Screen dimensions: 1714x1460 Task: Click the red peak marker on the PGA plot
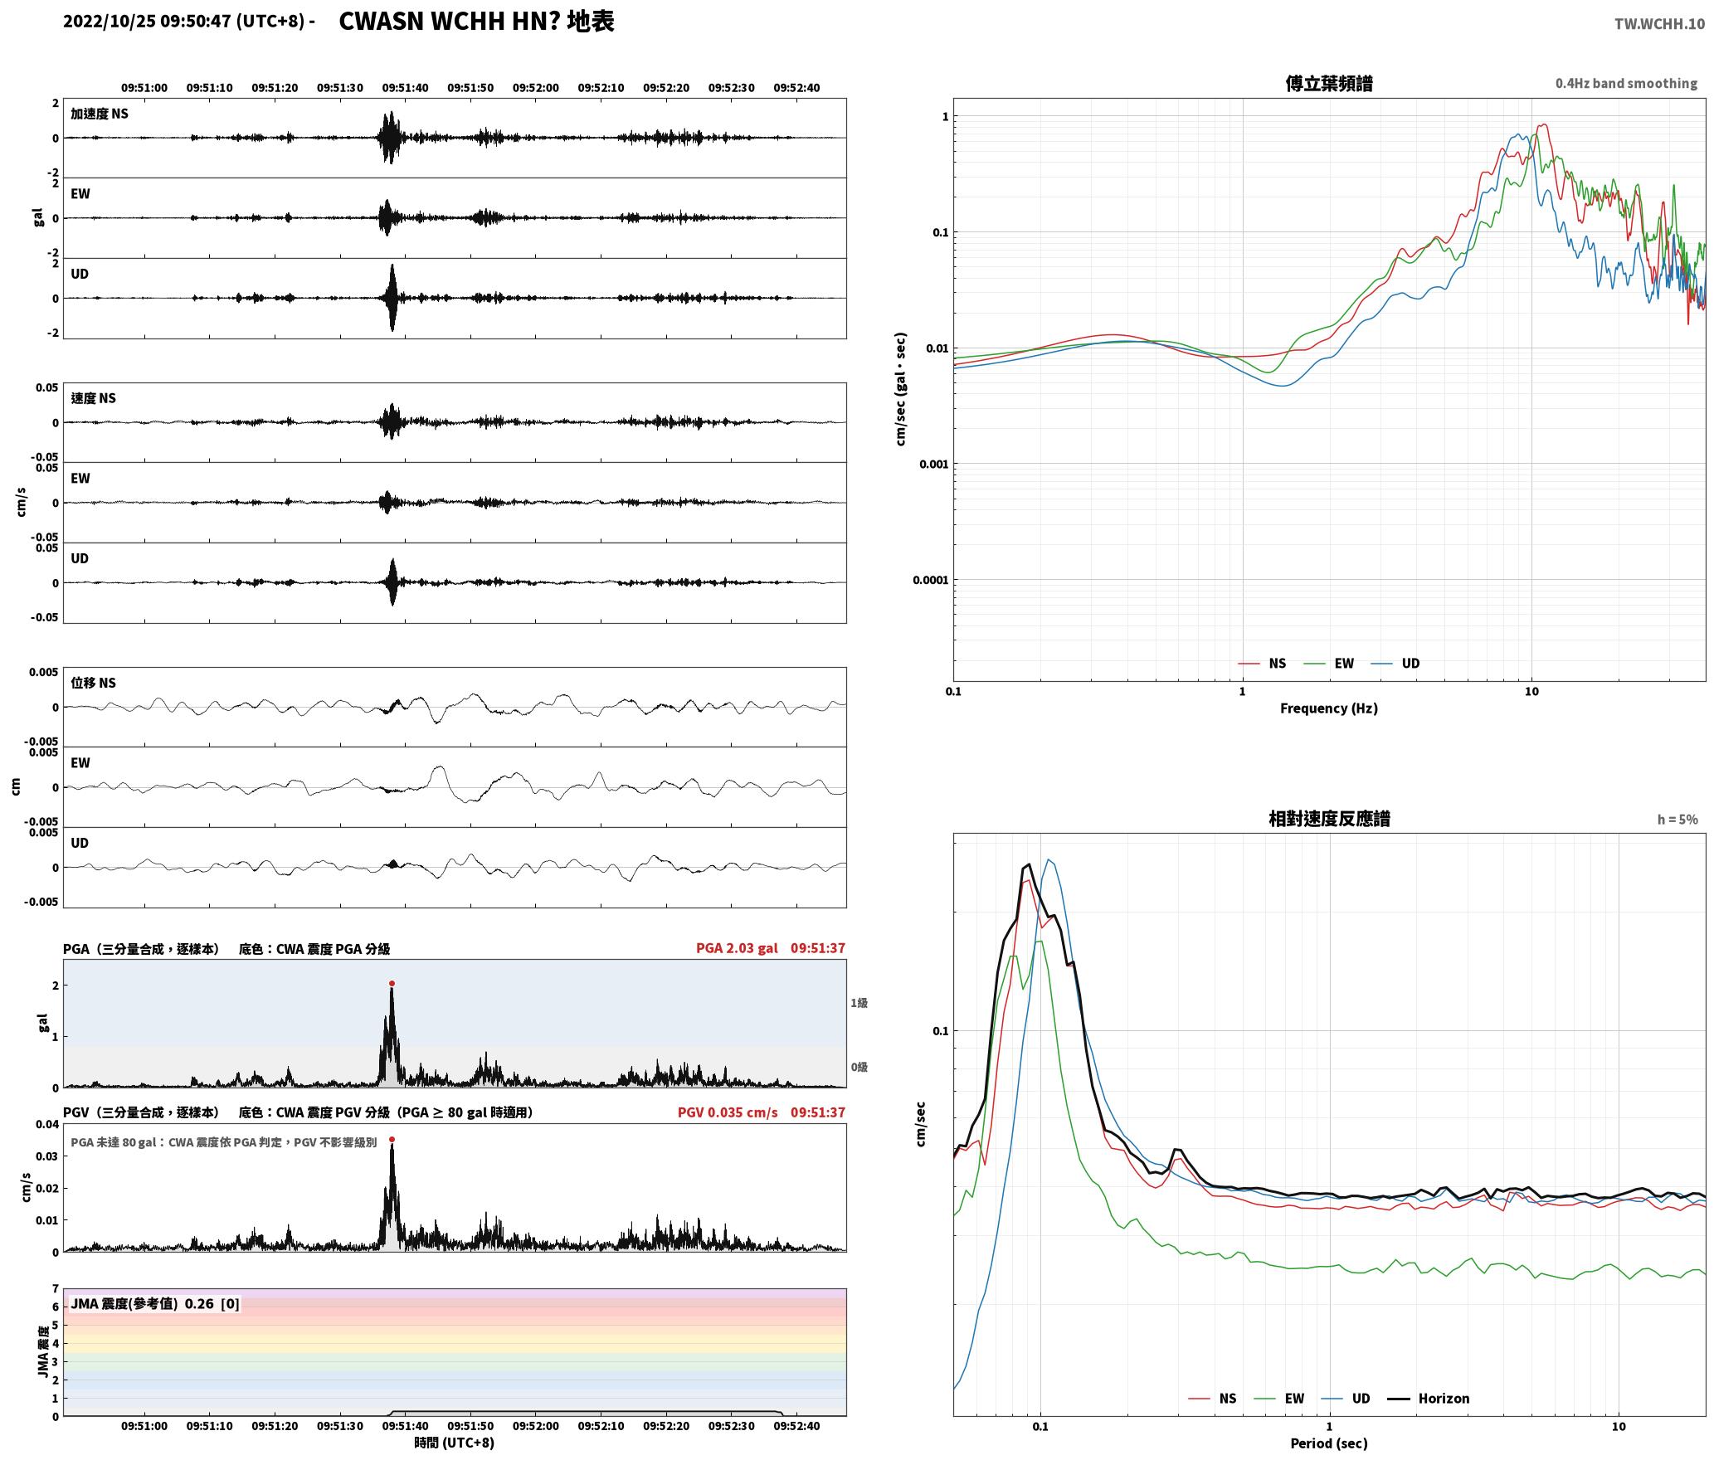392,984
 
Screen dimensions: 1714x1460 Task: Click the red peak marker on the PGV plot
392,1140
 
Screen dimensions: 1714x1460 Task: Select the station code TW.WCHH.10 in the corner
1659,23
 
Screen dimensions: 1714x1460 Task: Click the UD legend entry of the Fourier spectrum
1395,663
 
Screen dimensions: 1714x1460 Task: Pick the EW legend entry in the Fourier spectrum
1329,663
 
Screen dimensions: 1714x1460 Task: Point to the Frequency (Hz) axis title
1328,708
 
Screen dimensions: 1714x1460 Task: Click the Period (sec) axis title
1328,1443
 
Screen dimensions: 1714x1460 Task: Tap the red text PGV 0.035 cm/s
728,1112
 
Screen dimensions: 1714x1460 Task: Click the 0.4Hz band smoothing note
1626,83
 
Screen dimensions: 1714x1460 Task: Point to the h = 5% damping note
1677,820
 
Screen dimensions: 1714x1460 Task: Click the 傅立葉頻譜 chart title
1328,83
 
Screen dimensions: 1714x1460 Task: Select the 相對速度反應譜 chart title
1329,819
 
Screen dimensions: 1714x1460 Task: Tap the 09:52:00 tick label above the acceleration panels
535,88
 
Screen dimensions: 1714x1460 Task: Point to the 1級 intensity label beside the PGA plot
859,1003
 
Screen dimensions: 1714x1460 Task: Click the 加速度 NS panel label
100,114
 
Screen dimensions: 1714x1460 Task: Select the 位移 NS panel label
93,683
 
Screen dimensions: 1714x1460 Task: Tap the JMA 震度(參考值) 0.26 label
155,1303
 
